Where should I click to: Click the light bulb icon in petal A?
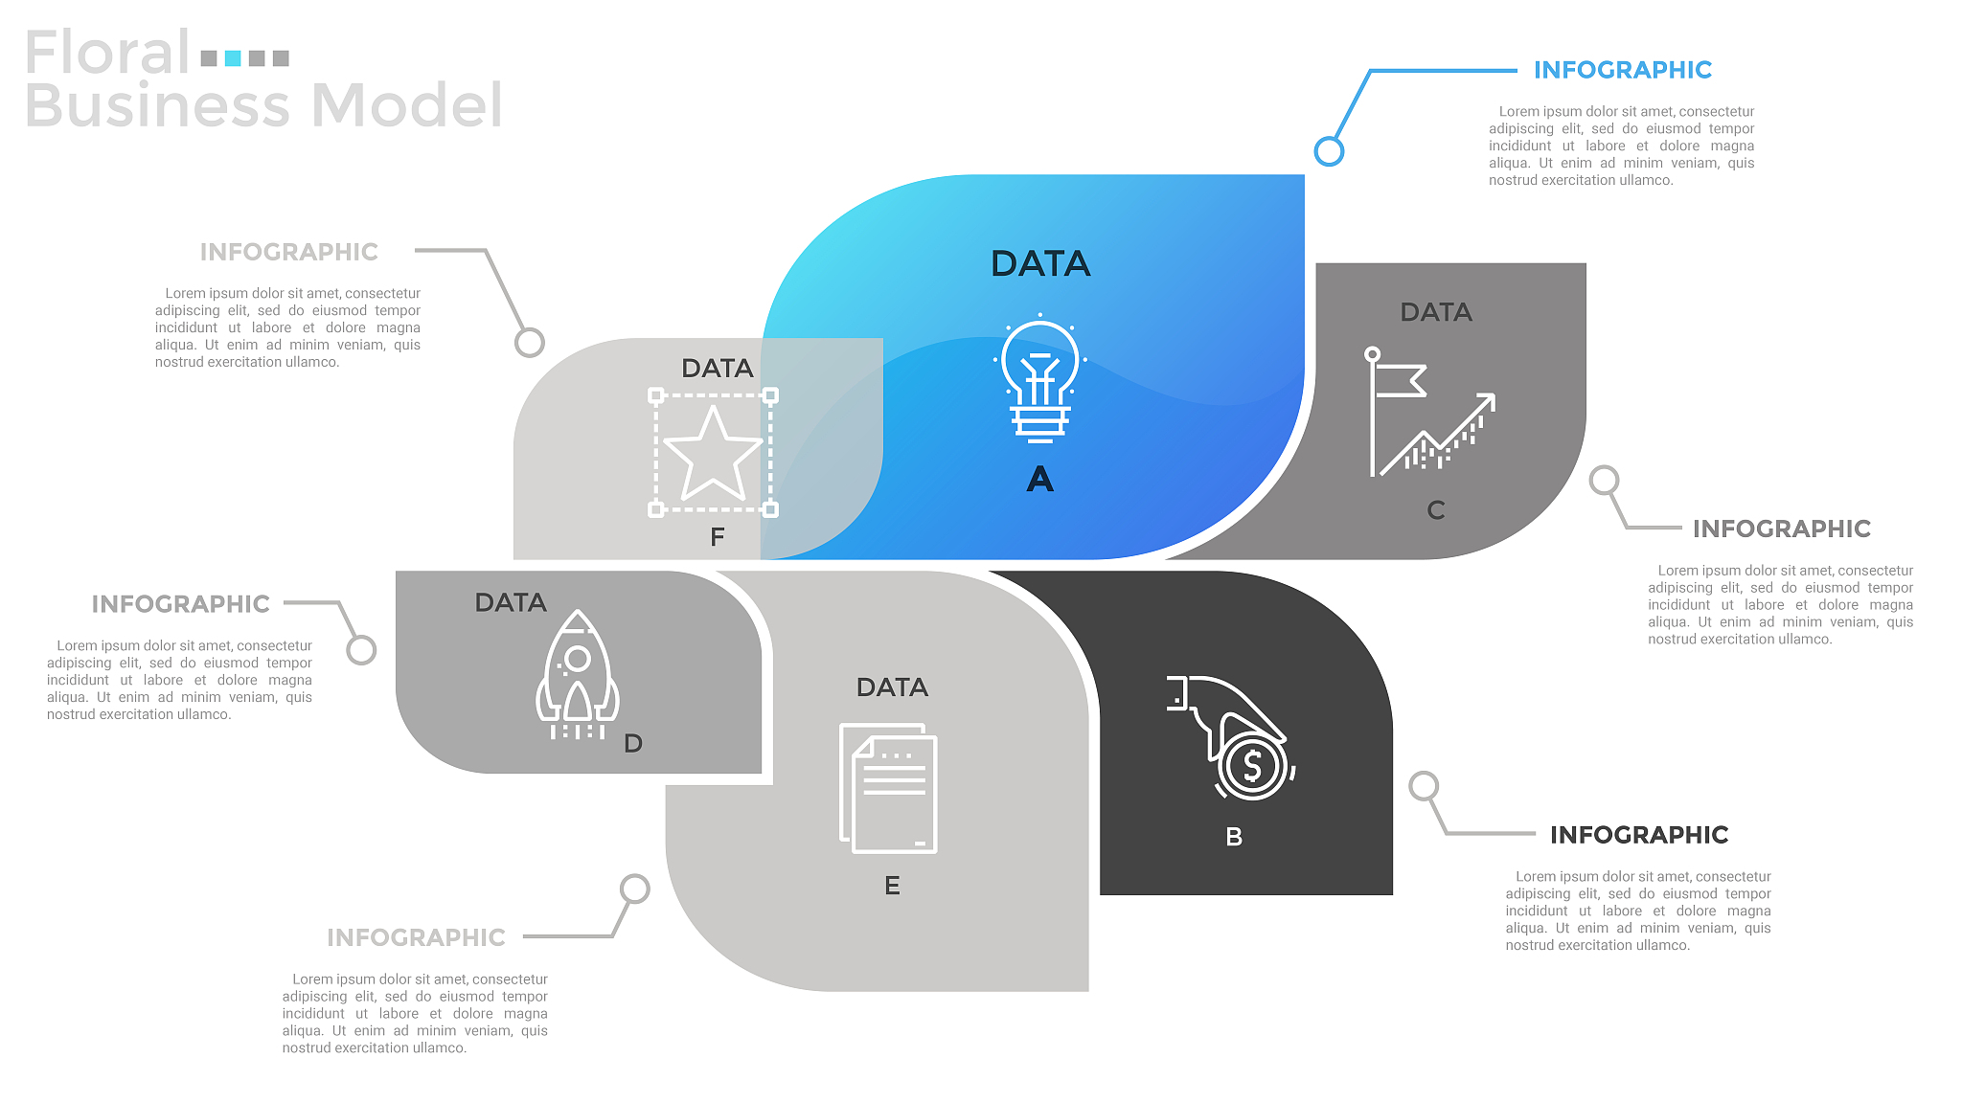pyautogui.click(x=1040, y=380)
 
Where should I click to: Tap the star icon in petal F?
pyautogui.click(x=713, y=453)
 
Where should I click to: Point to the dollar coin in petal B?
pyautogui.click(x=1252, y=765)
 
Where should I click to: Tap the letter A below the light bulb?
pyautogui.click(x=1040, y=479)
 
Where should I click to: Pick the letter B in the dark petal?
pyautogui.click(x=1234, y=837)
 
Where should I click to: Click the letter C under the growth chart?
pyautogui.click(x=1435, y=510)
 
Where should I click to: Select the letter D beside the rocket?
pyautogui.click(x=633, y=743)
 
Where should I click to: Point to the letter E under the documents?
pyautogui.click(x=892, y=886)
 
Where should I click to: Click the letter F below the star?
pyautogui.click(x=718, y=537)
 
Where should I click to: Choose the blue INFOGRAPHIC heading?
pyautogui.click(x=1622, y=70)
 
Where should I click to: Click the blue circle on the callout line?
pyautogui.click(x=1329, y=151)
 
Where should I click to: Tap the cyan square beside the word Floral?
pyautogui.click(x=233, y=58)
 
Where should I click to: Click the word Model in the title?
pyautogui.click(x=406, y=105)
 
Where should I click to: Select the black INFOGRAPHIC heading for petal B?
pyautogui.click(x=1639, y=835)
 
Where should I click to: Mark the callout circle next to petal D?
pyautogui.click(x=361, y=650)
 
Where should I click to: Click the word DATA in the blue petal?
pyautogui.click(x=1040, y=263)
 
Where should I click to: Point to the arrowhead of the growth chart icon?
pyautogui.click(x=1487, y=400)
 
